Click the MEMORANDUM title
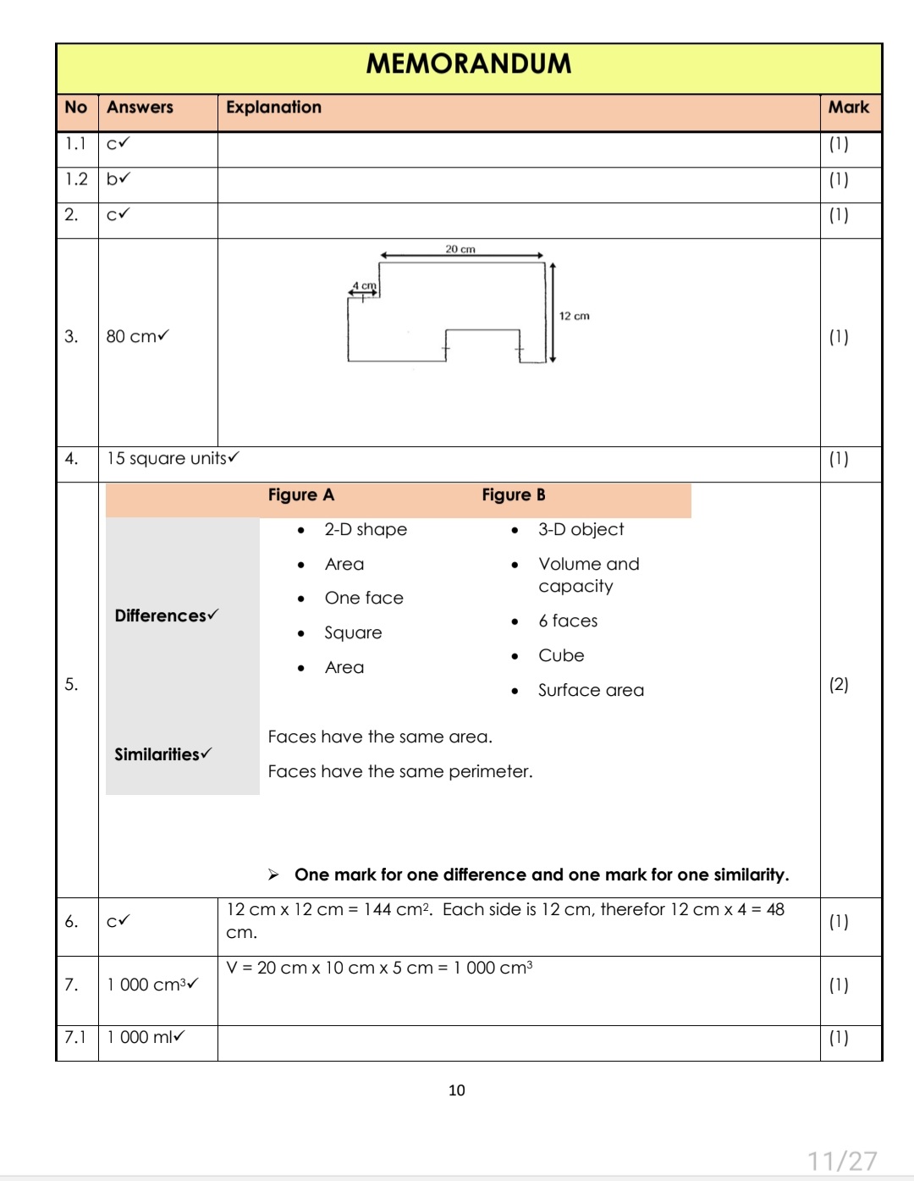468,63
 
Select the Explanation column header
273,108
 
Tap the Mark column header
848,108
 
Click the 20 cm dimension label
460,249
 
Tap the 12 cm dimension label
574,316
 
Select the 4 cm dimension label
364,286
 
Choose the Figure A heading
300,495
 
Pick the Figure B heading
513,495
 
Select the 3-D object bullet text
581,530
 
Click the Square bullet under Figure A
353,633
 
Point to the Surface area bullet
591,691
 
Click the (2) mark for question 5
838,685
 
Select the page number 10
456,1090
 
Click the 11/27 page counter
841,1161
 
